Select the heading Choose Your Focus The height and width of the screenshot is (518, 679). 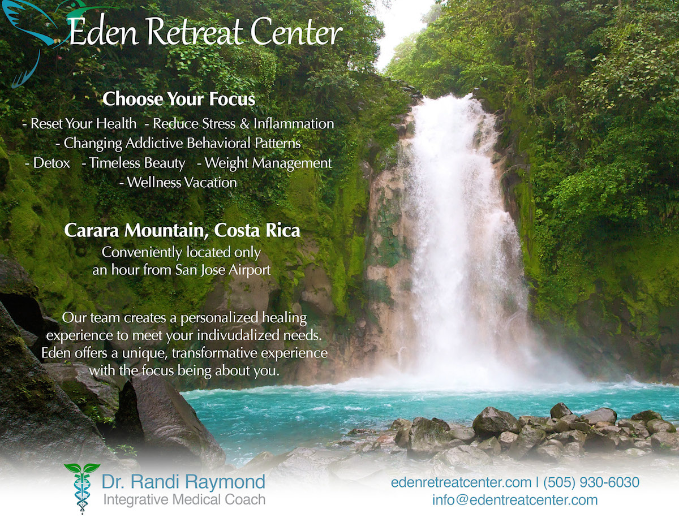tap(179, 99)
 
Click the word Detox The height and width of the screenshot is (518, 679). tap(51, 163)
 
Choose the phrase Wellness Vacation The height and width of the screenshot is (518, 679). tap(182, 182)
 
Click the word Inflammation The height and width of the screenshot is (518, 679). tap(294, 124)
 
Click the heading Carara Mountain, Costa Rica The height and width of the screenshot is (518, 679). tap(182, 230)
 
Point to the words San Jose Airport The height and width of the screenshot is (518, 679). tap(223, 270)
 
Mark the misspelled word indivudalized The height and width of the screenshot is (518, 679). tap(238, 335)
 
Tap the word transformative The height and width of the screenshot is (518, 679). tap(214, 353)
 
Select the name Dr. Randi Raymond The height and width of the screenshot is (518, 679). tap(183, 482)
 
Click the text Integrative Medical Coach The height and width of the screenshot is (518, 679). tap(184, 500)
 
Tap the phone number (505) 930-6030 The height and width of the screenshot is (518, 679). tap(591, 482)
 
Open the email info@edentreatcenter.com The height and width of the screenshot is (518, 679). tap(515, 500)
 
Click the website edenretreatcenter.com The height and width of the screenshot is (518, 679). tap(461, 482)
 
